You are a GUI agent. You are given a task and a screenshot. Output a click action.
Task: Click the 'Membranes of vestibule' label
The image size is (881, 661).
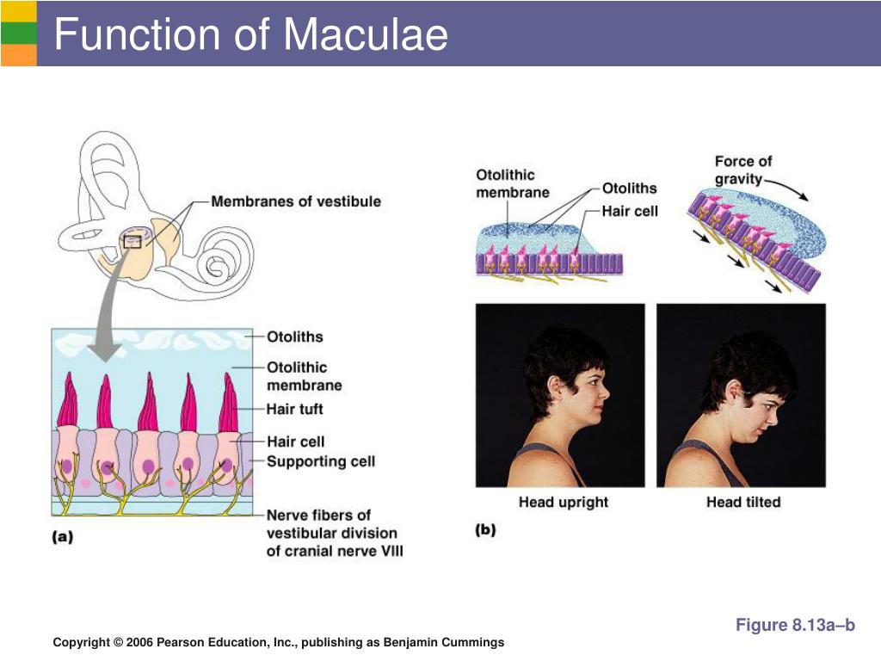coord(296,201)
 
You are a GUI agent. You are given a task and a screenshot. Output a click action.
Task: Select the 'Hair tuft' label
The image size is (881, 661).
coord(295,409)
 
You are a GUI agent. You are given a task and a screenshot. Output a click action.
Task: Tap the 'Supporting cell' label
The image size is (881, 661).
coord(321,461)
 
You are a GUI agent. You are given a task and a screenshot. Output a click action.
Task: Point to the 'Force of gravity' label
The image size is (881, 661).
coord(742,170)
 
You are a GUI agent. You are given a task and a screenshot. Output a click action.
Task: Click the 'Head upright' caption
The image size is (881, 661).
coord(563,502)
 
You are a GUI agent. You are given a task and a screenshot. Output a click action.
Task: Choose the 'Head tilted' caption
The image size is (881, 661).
coord(743,502)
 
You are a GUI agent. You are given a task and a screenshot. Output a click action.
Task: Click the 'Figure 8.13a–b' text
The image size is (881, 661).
coord(795,626)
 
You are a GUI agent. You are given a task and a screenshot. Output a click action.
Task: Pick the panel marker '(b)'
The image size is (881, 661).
coord(486,531)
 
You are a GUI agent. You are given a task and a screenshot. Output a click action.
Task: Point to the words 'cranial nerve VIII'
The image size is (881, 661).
coord(335,551)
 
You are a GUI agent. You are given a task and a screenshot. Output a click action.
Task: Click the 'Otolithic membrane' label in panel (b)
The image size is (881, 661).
coord(513,183)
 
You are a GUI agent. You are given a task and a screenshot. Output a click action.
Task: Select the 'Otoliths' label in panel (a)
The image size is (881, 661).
coord(295,337)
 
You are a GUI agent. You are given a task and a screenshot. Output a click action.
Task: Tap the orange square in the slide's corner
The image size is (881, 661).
coord(18,55)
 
